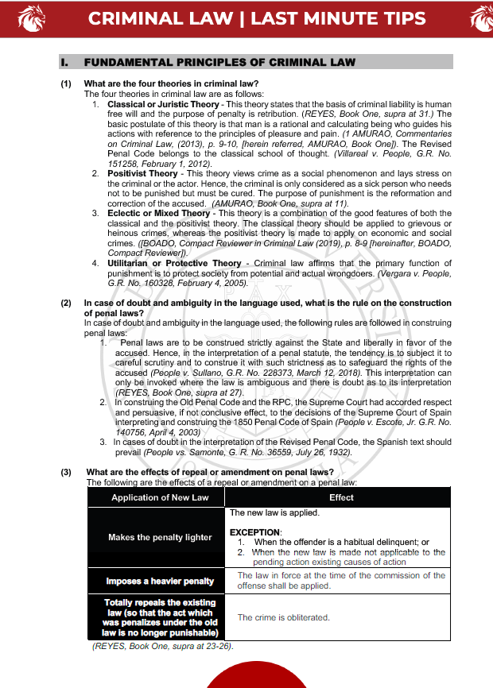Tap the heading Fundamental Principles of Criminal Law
219,62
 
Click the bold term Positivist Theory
142,173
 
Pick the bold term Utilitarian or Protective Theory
174,263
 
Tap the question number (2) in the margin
66,303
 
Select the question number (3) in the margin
66,473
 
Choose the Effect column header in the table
341,497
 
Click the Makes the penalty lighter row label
160,537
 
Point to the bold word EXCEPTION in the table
254,531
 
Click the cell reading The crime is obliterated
283,617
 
